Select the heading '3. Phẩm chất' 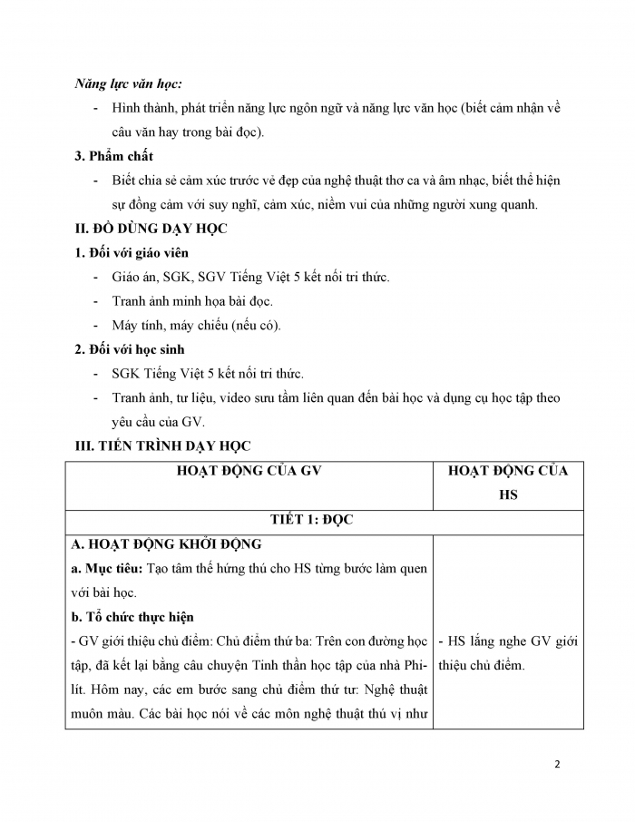[x=113, y=157]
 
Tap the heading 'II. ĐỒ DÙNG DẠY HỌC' [x=151, y=229]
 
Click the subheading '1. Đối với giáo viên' [x=132, y=253]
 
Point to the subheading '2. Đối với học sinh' [x=130, y=348]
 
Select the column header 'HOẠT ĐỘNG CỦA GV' [x=251, y=471]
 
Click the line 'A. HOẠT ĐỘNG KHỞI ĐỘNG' [x=167, y=544]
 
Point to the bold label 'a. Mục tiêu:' [x=105, y=569]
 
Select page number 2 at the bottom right [x=557, y=764]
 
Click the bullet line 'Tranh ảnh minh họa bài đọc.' [x=191, y=301]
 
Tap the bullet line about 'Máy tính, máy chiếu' [x=196, y=325]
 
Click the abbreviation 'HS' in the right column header [x=507, y=495]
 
